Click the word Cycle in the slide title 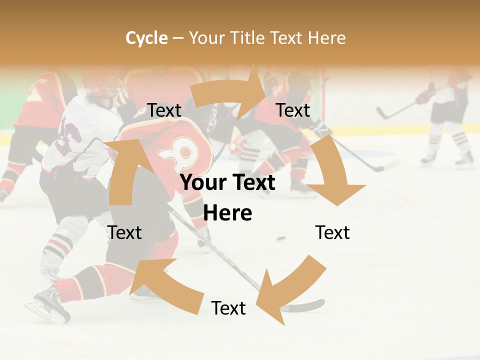(x=146, y=38)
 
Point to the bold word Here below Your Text (x=227, y=213)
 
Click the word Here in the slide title (x=326, y=38)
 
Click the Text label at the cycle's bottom (x=228, y=308)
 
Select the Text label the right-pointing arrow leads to (x=293, y=110)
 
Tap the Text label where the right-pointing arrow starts (x=164, y=110)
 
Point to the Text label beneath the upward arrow (x=125, y=232)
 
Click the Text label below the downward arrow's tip (x=332, y=232)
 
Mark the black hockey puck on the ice (x=281, y=238)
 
